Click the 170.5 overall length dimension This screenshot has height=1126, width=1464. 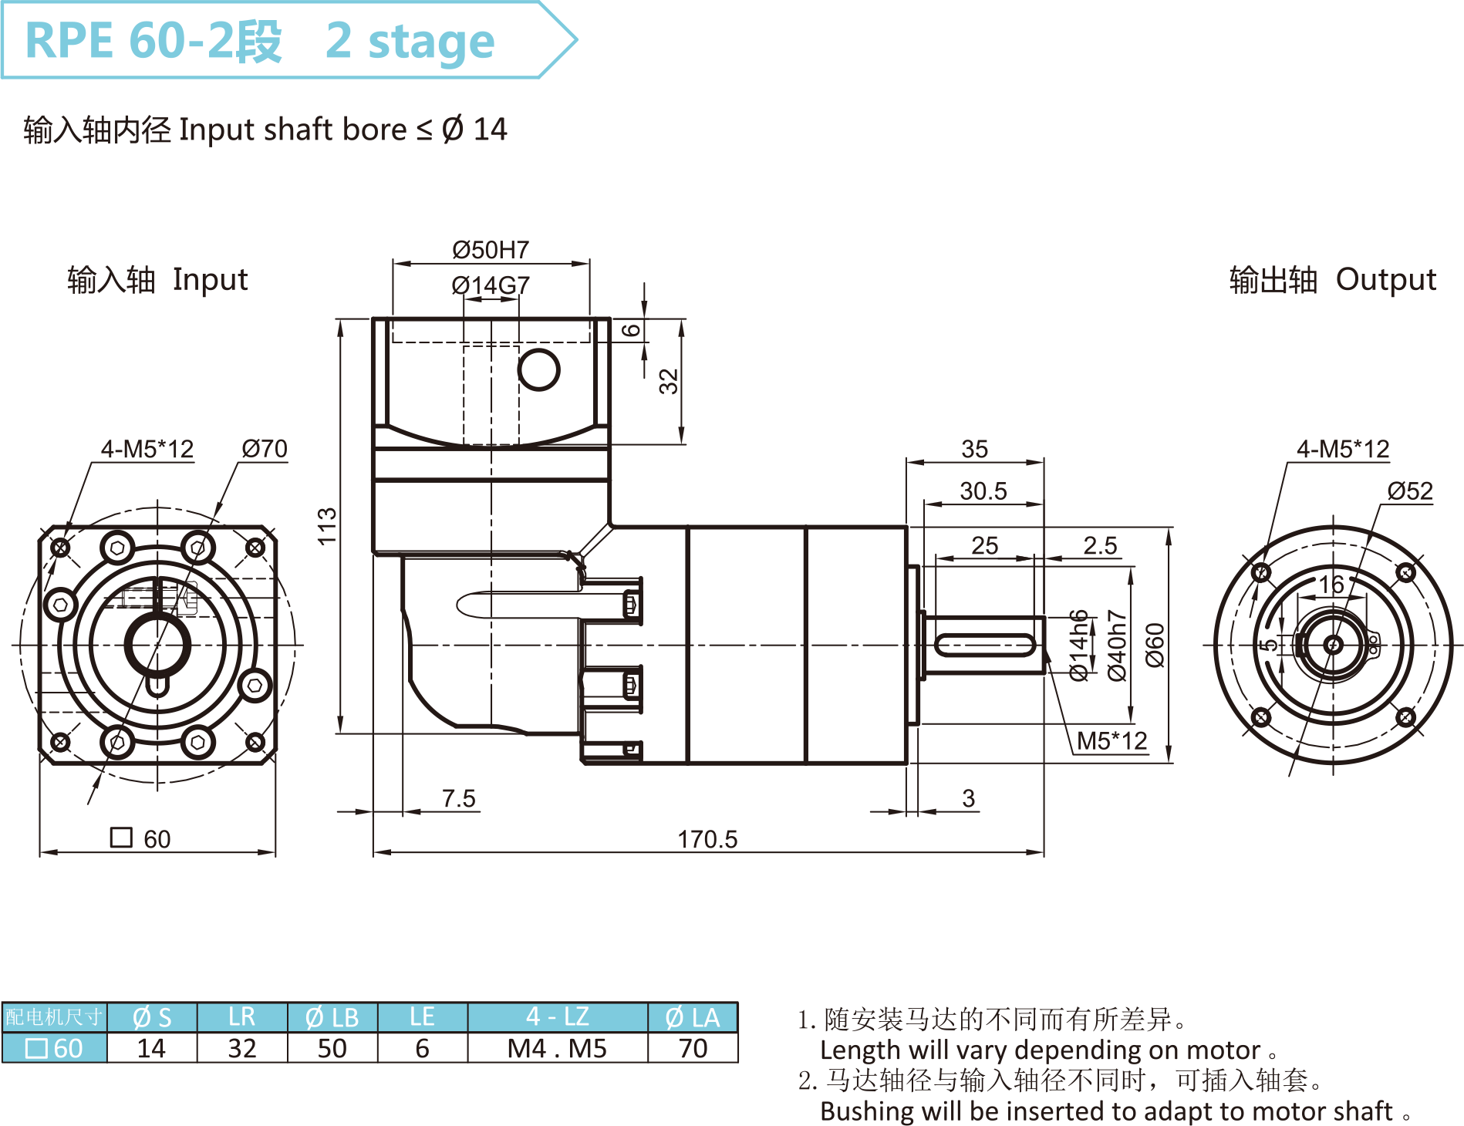[707, 839]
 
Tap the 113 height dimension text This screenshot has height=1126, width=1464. [327, 526]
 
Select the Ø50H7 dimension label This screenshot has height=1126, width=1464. [491, 250]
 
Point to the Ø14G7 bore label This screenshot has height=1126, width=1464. [491, 285]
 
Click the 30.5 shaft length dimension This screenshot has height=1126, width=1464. [983, 491]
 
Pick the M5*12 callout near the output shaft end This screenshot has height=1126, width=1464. [1111, 741]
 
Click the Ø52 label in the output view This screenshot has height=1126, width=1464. [1409, 491]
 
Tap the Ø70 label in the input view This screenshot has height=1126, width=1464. [264, 448]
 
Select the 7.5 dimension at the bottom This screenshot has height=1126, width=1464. [458, 798]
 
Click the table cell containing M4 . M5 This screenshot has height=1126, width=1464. [557, 1048]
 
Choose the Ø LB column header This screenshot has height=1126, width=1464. [332, 1017]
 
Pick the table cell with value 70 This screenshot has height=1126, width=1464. [693, 1048]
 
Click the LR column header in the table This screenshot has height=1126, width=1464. [241, 1017]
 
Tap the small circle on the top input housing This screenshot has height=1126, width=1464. [538, 369]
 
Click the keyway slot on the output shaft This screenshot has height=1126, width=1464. [985, 645]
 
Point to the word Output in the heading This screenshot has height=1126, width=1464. [1385, 279]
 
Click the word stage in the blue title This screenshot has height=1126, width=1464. [431, 41]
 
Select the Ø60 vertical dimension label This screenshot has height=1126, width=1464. [1155, 645]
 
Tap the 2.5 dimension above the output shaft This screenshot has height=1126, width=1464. [1100, 545]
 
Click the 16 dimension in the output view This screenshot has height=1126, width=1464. [1331, 585]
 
